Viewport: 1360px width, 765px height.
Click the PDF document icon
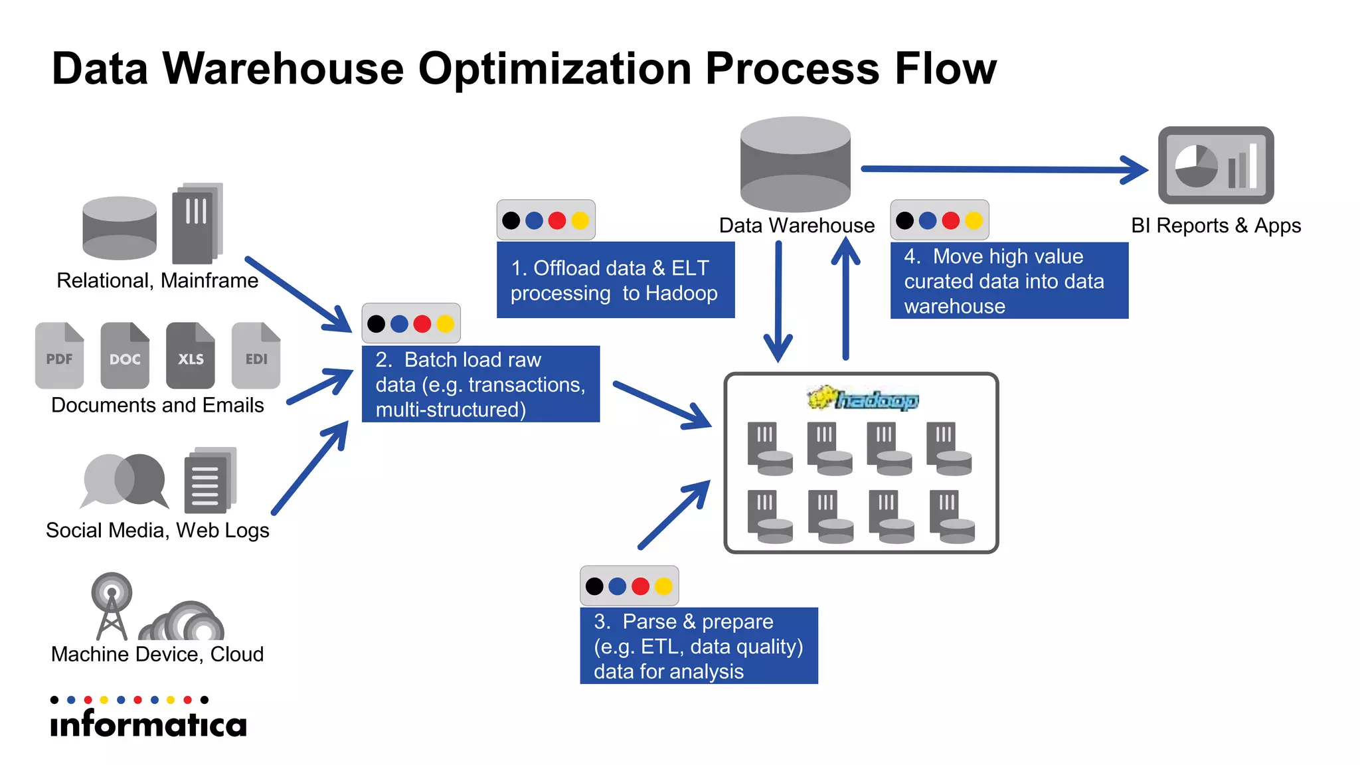(x=59, y=355)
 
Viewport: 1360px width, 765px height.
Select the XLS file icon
(x=191, y=355)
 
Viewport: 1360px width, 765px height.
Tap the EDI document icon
(x=256, y=355)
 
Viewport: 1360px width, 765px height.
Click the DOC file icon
(x=125, y=355)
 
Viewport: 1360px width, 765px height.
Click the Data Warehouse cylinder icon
(x=795, y=165)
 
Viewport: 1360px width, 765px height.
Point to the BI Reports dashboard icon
(x=1215, y=165)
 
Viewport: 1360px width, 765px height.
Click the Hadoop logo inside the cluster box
(x=863, y=399)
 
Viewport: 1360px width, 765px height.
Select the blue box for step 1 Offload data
(x=615, y=280)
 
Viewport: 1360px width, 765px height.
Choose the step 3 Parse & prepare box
(x=699, y=645)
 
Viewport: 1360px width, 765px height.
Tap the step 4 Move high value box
(x=1009, y=281)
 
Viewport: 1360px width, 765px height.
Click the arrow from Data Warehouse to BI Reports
(x=1003, y=169)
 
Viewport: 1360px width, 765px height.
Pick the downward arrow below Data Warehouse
(x=778, y=302)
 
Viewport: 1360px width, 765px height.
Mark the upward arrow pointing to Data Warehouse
(x=845, y=299)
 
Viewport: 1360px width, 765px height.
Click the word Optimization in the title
(x=554, y=68)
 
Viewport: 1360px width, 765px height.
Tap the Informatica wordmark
(x=148, y=724)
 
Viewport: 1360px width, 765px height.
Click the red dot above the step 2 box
(x=422, y=324)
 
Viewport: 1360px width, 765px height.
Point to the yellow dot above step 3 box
(x=663, y=586)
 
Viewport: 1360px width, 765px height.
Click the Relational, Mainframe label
(x=157, y=281)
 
